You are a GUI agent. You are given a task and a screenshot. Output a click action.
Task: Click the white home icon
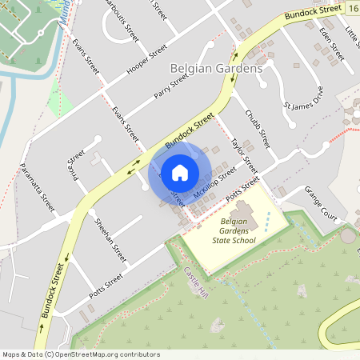(x=180, y=172)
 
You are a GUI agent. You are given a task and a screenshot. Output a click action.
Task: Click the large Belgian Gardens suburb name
(x=217, y=70)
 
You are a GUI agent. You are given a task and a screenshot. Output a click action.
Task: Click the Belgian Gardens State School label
(x=232, y=229)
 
